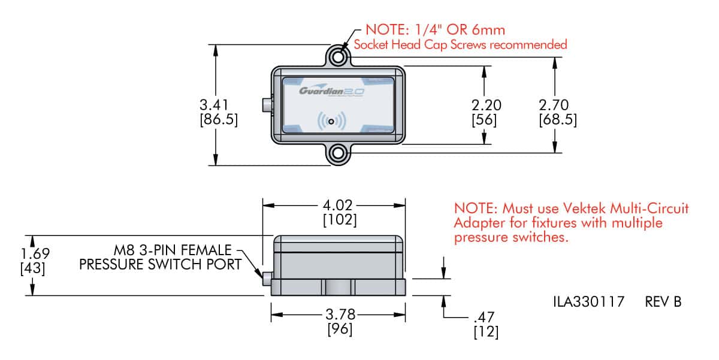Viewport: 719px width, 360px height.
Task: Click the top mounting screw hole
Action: tap(340, 57)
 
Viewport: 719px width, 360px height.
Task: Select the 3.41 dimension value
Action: tap(215, 105)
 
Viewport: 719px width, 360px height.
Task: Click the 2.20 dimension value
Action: tap(487, 105)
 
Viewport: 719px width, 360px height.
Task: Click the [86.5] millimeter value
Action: tap(218, 120)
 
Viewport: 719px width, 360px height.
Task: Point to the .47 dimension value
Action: tap(485, 317)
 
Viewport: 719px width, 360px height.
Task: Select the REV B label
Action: tap(663, 302)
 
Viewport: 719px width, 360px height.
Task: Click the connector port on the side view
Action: tap(267, 277)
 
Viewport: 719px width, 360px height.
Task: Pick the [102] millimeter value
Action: tap(340, 220)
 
